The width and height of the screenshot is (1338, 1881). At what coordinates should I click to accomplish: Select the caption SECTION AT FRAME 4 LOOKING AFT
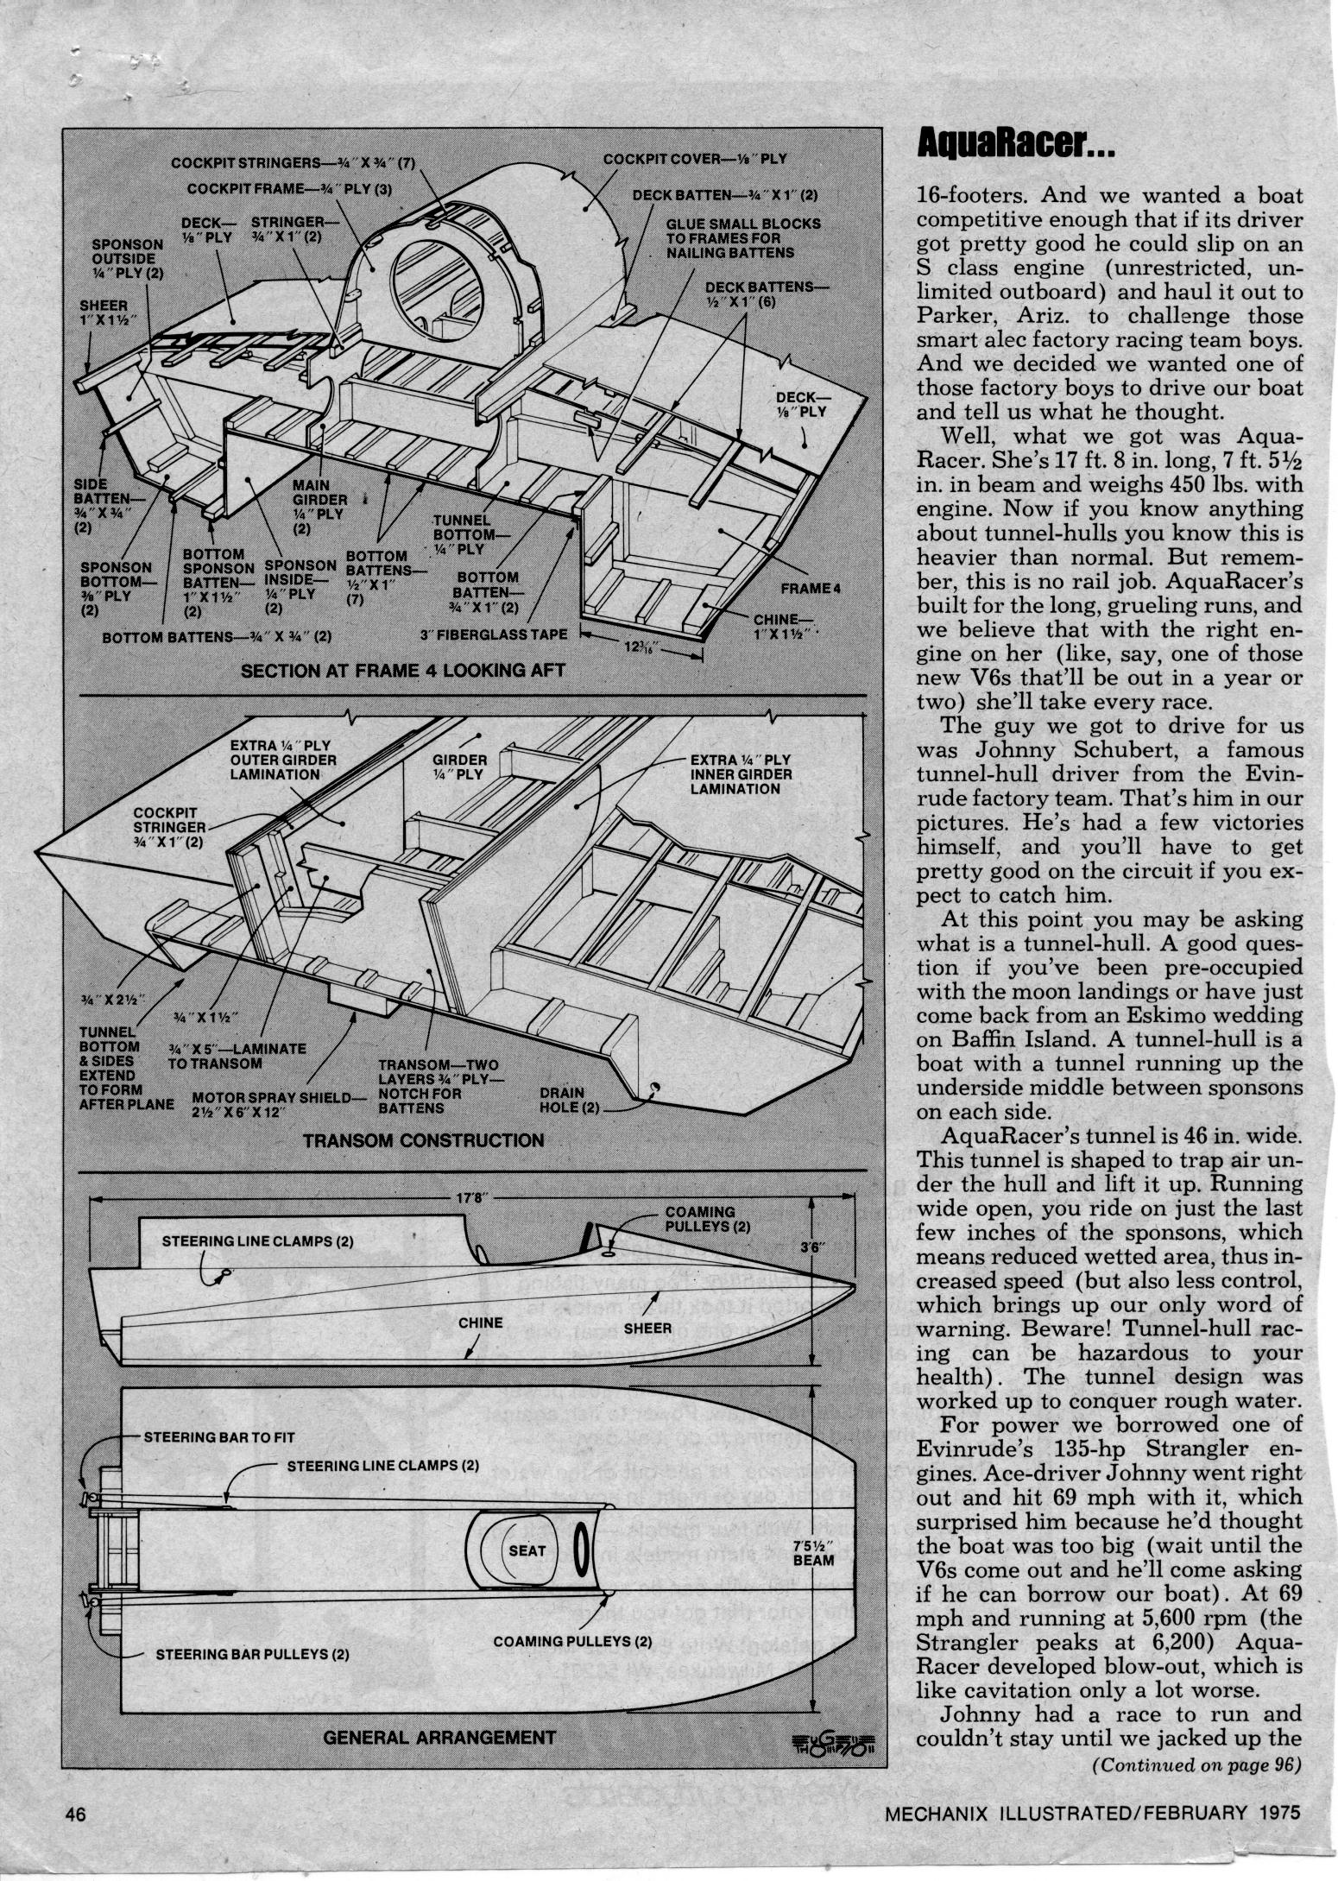pyautogui.click(x=403, y=669)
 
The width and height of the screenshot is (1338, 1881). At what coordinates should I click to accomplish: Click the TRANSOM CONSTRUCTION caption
pyautogui.click(x=424, y=1139)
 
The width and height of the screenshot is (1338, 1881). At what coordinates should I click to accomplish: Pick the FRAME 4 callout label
pyautogui.click(x=810, y=588)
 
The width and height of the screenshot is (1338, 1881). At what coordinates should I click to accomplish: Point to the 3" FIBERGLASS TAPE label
pyautogui.click(x=490, y=634)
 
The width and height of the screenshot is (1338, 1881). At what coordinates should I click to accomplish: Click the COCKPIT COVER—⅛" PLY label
pyautogui.click(x=695, y=159)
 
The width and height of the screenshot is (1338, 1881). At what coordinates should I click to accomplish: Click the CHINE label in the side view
pyautogui.click(x=481, y=1322)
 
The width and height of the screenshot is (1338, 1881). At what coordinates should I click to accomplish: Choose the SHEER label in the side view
pyautogui.click(x=647, y=1328)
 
